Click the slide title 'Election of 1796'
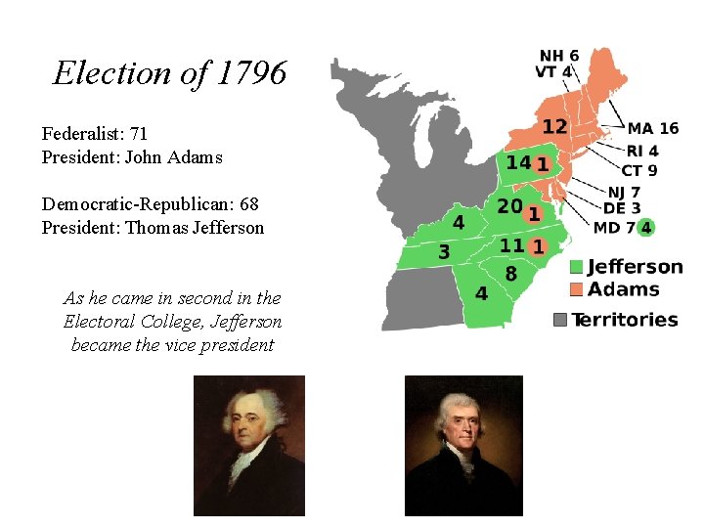point(170,73)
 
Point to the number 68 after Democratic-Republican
point(248,203)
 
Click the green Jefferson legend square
point(577,267)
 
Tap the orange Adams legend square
point(577,289)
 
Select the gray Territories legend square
point(560,320)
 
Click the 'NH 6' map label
point(558,56)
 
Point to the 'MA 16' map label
point(652,128)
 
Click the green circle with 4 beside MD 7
point(646,228)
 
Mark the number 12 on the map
point(554,126)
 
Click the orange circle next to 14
point(541,163)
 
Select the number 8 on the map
point(510,273)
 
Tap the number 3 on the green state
point(444,252)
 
